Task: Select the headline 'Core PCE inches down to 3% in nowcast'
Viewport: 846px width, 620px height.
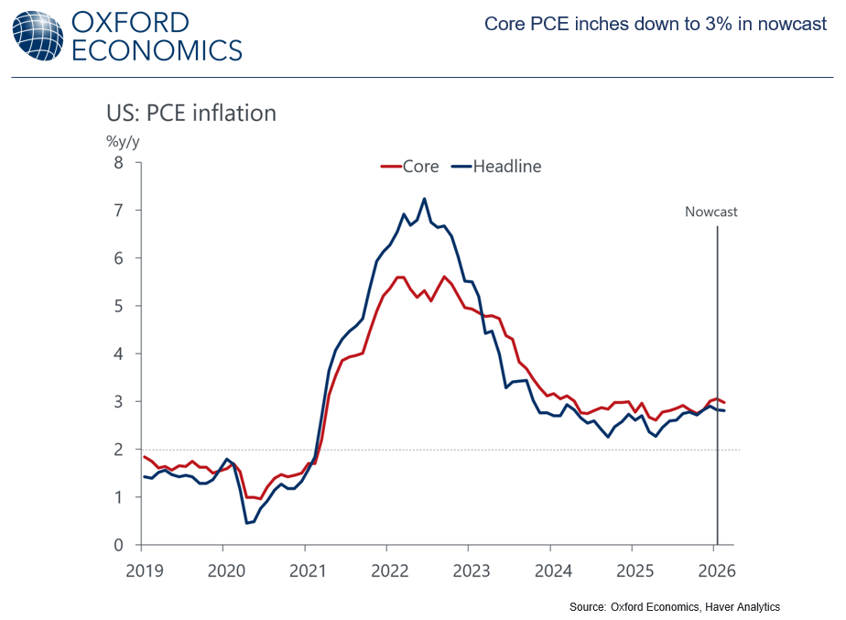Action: click(x=656, y=24)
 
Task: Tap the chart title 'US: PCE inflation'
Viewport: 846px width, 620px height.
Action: click(x=191, y=113)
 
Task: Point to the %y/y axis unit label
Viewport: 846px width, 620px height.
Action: click(x=124, y=141)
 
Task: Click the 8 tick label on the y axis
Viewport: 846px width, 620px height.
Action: click(x=118, y=163)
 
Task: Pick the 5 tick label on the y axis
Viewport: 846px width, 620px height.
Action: click(x=118, y=306)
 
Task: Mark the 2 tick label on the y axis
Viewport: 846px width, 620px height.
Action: click(x=118, y=450)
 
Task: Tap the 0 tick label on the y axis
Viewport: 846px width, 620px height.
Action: click(x=118, y=545)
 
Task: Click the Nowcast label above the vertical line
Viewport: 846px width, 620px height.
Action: click(x=711, y=212)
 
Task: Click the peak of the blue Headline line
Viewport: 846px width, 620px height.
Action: click(x=424, y=199)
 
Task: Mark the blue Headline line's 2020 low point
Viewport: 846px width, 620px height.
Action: click(x=247, y=523)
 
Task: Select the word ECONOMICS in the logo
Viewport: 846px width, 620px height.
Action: click(x=157, y=49)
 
